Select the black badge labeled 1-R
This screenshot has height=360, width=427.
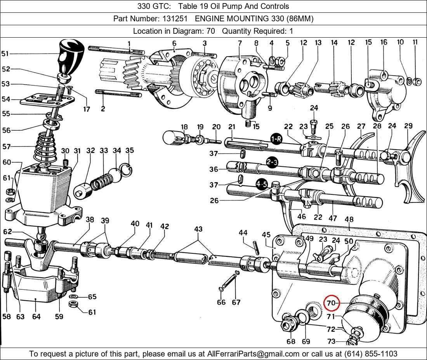pyautogui.click(x=276, y=139)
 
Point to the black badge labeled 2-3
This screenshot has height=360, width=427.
pyautogui.click(x=272, y=162)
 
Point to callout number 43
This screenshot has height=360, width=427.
pyautogui.click(x=198, y=229)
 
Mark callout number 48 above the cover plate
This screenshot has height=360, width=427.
pyautogui.click(x=349, y=219)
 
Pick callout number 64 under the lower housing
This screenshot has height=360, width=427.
pyautogui.click(x=36, y=317)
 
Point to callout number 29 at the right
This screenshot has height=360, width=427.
pyautogui.click(x=408, y=126)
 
